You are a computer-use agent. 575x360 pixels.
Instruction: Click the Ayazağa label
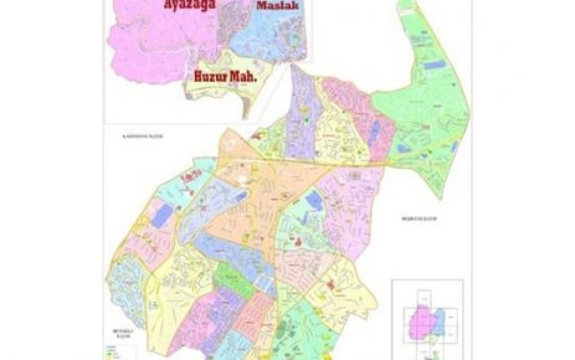[189, 5]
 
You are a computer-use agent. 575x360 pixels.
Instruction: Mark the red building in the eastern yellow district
[332, 284]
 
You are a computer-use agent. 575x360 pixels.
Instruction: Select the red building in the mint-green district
[298, 241]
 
